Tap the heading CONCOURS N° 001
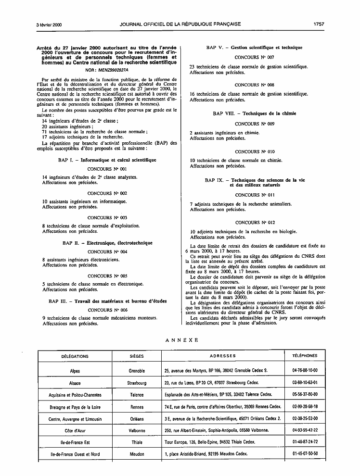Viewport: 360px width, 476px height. click(x=107, y=169)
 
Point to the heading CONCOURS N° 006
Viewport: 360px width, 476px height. click(x=107, y=310)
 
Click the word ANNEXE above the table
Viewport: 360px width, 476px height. click(x=181, y=340)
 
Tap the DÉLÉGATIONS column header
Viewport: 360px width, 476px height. click(x=75, y=356)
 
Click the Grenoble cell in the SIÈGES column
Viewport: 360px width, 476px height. click(x=137, y=371)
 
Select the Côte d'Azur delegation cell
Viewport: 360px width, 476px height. click(x=75, y=430)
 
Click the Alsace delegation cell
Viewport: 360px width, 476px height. click(x=75, y=383)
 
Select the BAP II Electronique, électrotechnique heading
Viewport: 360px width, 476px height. click(x=107, y=243)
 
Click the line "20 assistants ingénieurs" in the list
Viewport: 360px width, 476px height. click(x=67, y=126)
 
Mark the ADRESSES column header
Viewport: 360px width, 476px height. click(x=223, y=356)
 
